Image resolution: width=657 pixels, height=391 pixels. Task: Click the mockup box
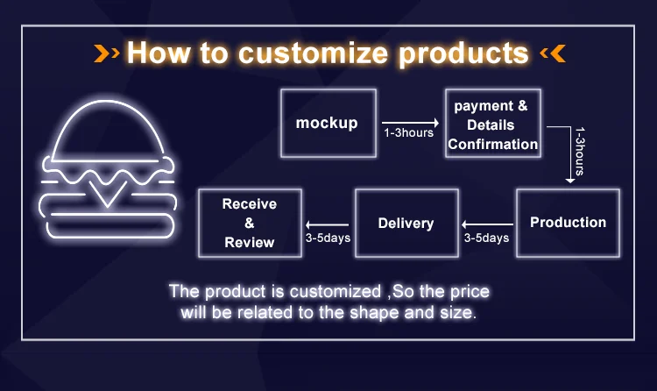328,123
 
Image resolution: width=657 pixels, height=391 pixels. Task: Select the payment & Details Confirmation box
492,124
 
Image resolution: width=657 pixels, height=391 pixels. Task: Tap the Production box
568,223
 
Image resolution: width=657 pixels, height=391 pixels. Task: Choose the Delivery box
406,224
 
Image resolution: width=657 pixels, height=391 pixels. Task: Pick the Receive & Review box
250,223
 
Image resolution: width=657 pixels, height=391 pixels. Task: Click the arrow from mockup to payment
410,122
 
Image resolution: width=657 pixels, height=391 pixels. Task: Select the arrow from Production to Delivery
486,223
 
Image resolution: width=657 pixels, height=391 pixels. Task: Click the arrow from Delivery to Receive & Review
328,223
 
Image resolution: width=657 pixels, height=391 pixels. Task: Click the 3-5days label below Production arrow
486,238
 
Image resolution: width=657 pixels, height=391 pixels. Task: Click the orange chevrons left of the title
107,53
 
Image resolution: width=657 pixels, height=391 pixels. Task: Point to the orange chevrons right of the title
553,53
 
